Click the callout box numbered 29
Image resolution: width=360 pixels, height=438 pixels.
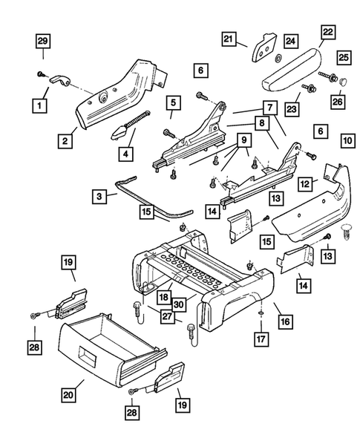point(43,42)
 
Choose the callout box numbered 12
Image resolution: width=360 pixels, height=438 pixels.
point(304,182)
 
